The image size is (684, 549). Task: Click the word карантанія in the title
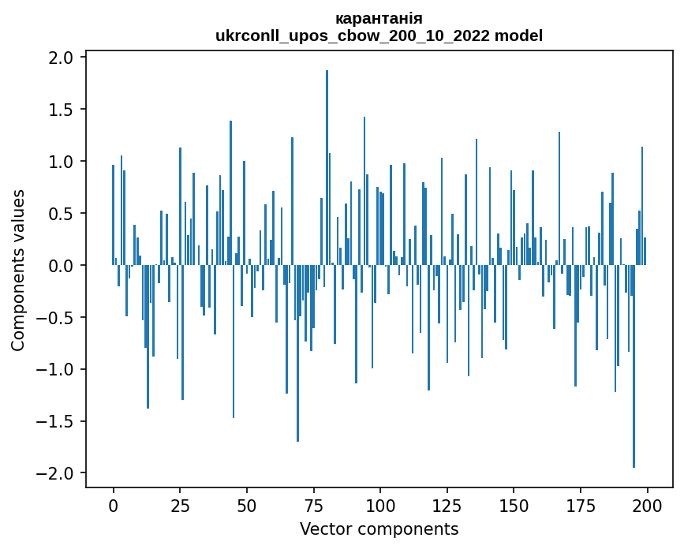(x=379, y=18)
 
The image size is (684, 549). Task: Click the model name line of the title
(x=379, y=35)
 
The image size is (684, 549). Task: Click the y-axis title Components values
(x=18, y=270)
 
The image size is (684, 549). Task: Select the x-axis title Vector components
(x=379, y=528)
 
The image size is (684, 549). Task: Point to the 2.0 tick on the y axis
(x=60, y=58)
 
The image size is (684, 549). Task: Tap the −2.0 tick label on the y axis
(x=55, y=473)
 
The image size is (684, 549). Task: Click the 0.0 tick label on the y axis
(x=60, y=266)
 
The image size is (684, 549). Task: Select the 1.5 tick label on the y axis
(x=60, y=110)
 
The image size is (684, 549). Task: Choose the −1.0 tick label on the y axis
(x=55, y=370)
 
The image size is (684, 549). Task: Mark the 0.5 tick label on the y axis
(x=60, y=214)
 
